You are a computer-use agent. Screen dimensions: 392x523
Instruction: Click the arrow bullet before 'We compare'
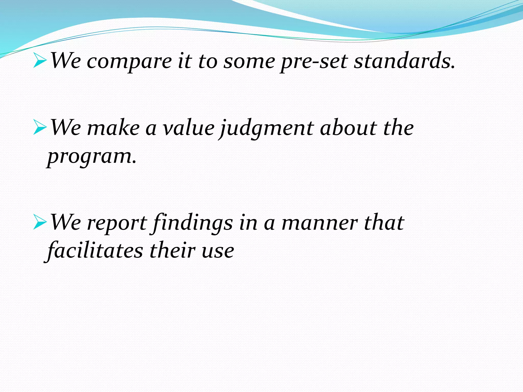40,61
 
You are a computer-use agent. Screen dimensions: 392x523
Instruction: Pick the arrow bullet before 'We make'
40,128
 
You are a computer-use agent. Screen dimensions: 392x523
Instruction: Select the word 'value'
189,128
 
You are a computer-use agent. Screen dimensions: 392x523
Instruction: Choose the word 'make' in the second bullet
114,128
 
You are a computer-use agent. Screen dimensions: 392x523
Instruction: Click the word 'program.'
92,156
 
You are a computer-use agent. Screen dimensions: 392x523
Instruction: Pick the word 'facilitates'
95,250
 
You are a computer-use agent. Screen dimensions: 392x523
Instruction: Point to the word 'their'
172,250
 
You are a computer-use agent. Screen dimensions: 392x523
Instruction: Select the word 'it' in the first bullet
185,61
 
